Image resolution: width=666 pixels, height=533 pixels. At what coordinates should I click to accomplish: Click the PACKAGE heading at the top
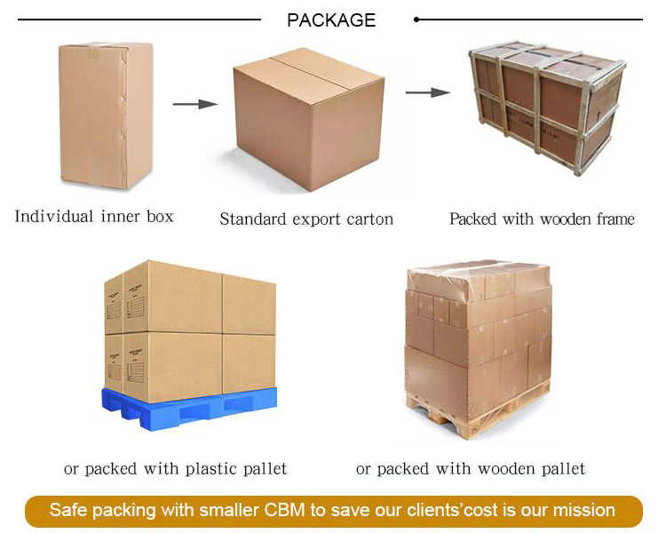331,20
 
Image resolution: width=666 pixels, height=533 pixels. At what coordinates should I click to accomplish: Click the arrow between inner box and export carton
194,104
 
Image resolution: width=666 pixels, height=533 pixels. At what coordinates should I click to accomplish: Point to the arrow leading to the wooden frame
424,91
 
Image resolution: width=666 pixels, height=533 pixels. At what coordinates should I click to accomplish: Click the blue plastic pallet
192,410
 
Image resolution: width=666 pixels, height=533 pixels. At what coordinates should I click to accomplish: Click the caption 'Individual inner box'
94,216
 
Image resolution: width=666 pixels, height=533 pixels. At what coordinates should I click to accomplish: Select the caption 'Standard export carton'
306,219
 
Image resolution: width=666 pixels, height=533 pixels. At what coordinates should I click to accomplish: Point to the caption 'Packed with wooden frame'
542,219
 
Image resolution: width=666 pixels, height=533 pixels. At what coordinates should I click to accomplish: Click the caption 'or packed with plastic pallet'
175,468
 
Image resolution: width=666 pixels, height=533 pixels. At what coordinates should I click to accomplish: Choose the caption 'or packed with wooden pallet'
471,468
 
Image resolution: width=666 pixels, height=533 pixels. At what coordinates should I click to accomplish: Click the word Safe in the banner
67,510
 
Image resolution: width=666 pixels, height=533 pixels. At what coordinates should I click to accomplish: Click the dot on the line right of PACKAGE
416,19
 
